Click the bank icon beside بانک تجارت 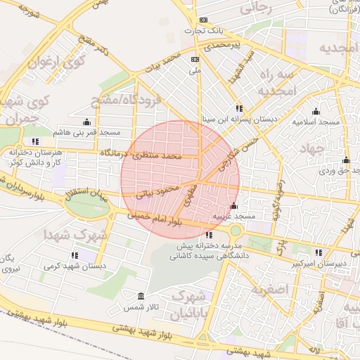(204, 20)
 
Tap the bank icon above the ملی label (195, 60)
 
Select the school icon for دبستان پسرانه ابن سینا (239, 108)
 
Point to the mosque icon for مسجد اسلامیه (315, 111)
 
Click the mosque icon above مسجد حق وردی (346, 160)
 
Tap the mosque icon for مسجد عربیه (233, 206)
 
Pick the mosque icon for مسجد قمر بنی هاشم (87, 121)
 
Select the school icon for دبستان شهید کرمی (75, 255)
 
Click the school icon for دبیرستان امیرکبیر (319, 252)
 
